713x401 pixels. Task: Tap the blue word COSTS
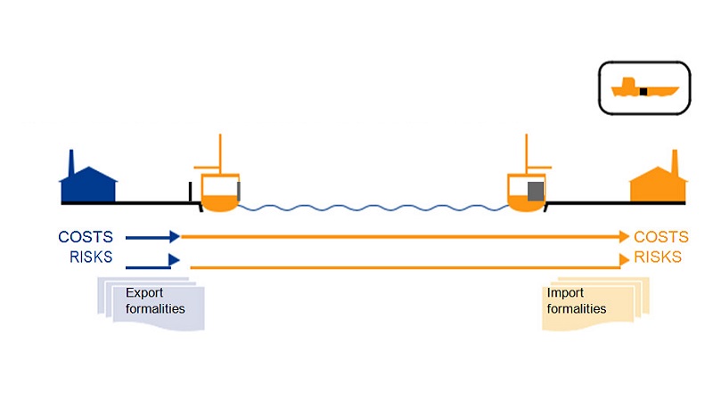[x=86, y=237]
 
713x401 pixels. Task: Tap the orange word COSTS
[x=661, y=237]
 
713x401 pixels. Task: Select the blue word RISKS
[x=91, y=258]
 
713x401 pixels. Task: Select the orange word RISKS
[x=659, y=258]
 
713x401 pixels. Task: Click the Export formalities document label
[x=155, y=301]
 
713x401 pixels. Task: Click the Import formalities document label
[x=577, y=301]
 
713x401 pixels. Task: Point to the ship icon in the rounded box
[x=644, y=88]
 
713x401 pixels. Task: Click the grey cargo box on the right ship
[x=535, y=191]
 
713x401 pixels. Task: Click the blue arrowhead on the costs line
[x=175, y=237]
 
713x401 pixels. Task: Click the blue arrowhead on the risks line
[x=174, y=259]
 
